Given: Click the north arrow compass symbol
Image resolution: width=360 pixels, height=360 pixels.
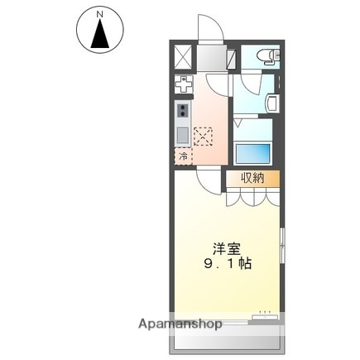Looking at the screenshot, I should (x=100, y=32).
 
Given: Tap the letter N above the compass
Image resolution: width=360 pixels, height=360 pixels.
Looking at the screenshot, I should (x=100, y=14).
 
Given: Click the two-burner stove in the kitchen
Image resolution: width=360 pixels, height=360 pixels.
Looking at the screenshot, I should (x=182, y=111).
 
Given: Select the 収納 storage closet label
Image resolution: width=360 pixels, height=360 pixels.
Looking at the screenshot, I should (x=253, y=178).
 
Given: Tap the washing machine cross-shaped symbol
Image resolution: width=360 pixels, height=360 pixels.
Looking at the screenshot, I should (x=183, y=83).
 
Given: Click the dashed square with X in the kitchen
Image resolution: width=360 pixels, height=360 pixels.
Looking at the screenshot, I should (x=203, y=136).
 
